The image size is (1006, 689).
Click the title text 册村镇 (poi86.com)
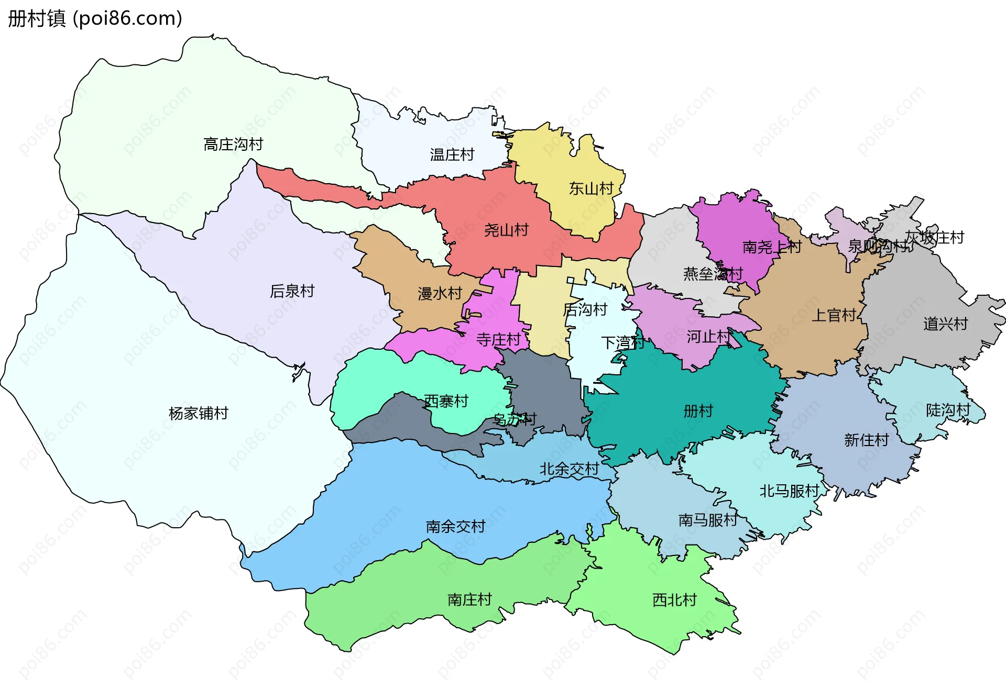[95, 18]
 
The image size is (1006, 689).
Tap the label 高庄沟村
[233, 144]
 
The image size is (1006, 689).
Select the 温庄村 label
[452, 154]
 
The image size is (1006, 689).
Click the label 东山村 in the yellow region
[591, 188]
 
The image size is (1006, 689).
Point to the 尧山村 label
[506, 230]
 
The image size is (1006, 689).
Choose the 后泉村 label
[292, 291]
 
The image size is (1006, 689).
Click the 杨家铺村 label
[198, 413]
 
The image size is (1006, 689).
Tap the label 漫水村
[440, 293]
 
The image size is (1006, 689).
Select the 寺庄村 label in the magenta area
[498, 340]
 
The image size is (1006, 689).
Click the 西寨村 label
[446, 401]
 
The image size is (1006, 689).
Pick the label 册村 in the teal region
[698, 410]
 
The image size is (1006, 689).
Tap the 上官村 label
[834, 315]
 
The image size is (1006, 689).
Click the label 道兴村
[945, 324]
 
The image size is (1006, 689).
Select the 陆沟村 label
[948, 410]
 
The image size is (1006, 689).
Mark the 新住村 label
[866, 440]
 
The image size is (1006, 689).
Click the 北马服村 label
[789, 491]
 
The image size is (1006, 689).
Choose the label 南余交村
[455, 526]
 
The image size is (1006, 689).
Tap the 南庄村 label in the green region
[469, 599]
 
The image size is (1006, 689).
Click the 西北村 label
[674, 599]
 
